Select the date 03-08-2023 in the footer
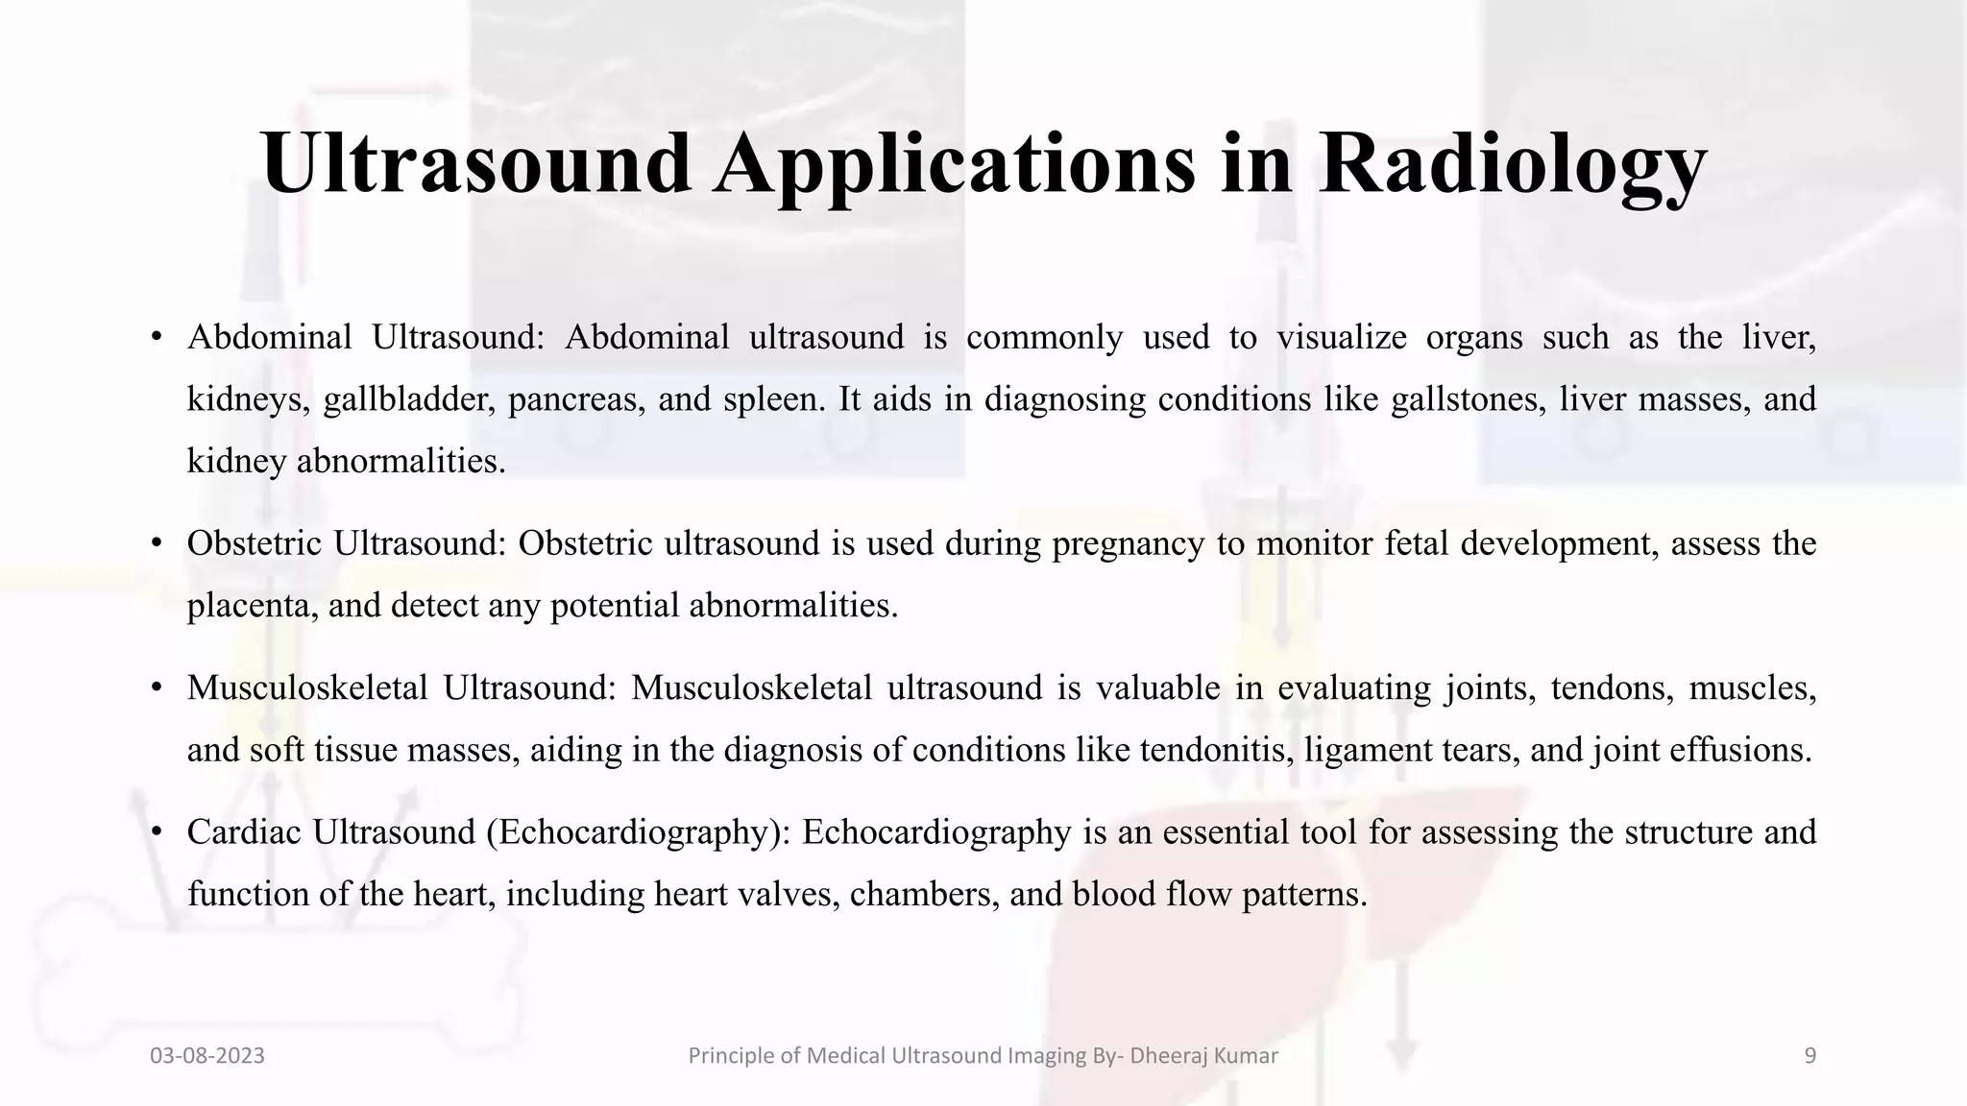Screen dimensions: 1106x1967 coord(207,1056)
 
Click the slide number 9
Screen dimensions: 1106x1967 coord(1809,1056)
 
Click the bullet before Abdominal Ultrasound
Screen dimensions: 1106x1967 coord(156,338)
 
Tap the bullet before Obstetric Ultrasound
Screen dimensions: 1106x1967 coord(156,544)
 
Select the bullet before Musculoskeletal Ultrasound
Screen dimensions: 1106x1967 coord(156,688)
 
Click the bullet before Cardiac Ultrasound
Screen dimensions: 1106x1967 coord(156,832)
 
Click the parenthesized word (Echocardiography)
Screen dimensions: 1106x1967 coord(638,832)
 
